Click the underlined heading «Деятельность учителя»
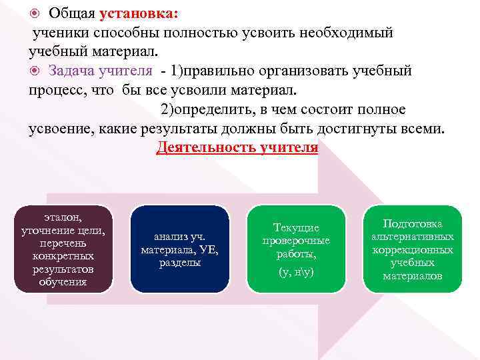click(237, 147)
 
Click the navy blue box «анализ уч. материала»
click(179, 249)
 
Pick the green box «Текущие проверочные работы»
click(296, 249)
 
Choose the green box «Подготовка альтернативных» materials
click(413, 249)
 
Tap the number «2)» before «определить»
click(169, 109)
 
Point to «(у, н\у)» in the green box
click(296, 272)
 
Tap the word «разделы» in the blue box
click(179, 263)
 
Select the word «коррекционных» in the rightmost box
click(413, 250)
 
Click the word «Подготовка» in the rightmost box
click(413, 224)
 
